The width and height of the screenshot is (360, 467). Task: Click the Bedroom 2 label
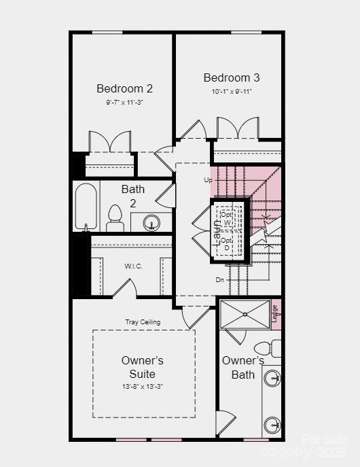pyautogui.click(x=124, y=88)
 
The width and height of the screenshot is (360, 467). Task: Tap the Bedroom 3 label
pyautogui.click(x=232, y=77)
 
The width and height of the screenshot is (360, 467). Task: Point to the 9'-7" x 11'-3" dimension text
pyautogui.click(x=124, y=102)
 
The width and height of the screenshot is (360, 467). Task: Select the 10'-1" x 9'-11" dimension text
pyautogui.click(x=232, y=91)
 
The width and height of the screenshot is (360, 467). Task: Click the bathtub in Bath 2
pyautogui.click(x=86, y=207)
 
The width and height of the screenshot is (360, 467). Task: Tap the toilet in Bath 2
pyautogui.click(x=115, y=218)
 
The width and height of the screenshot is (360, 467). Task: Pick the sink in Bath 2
pyautogui.click(x=151, y=222)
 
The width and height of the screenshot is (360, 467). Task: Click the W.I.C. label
pyautogui.click(x=133, y=266)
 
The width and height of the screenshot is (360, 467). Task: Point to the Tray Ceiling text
pyautogui.click(x=143, y=322)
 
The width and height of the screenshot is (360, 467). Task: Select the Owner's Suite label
pyautogui.click(x=143, y=367)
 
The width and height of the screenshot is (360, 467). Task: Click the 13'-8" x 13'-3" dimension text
pyautogui.click(x=143, y=386)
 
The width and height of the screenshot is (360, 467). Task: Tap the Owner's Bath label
pyautogui.click(x=243, y=367)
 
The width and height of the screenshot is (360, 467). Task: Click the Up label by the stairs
pyautogui.click(x=209, y=180)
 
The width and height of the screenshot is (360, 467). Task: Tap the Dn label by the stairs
pyautogui.click(x=219, y=279)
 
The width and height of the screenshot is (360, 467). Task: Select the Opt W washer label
pyautogui.click(x=227, y=218)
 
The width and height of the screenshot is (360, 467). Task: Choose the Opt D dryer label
pyautogui.click(x=227, y=244)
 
